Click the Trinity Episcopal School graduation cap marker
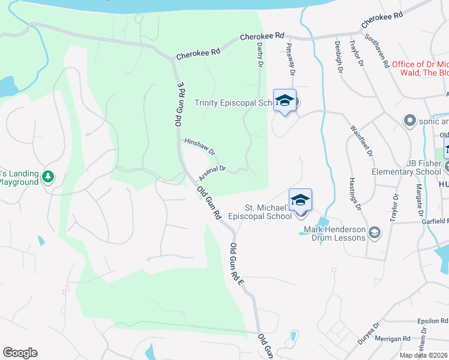point(285,100)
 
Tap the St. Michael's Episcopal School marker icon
point(300,200)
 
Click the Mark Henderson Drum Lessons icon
point(374,232)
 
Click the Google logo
point(20,353)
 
